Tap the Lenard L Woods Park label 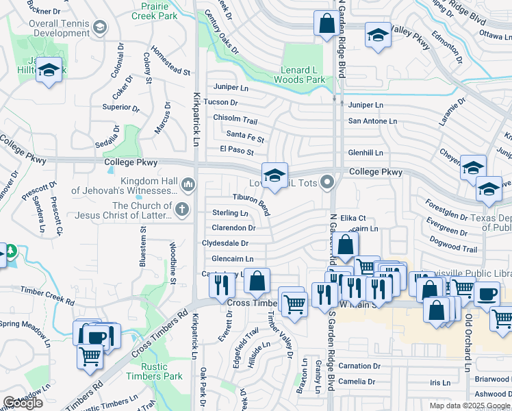[x=300, y=75]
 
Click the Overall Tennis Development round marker [x=100, y=27]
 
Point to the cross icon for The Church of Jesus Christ [x=181, y=210]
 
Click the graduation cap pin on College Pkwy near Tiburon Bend [x=274, y=176]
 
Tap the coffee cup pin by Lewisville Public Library [x=487, y=295]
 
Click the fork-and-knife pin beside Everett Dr [x=220, y=282]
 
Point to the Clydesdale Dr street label [x=225, y=243]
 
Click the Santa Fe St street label [x=245, y=135]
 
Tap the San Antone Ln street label [x=372, y=121]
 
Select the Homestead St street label [x=170, y=61]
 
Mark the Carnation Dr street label [x=359, y=366]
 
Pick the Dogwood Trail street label [x=452, y=245]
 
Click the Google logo [x=23, y=403]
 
